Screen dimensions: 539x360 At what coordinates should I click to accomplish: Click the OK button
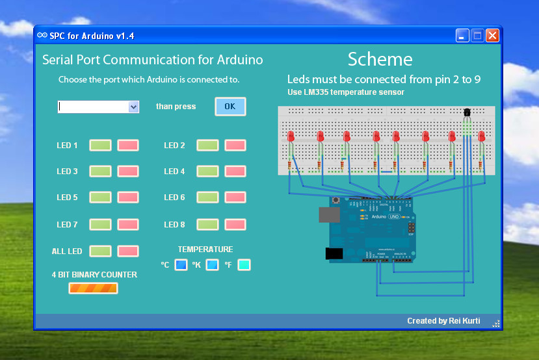pos(230,107)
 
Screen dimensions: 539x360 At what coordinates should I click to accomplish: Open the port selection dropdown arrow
pos(134,107)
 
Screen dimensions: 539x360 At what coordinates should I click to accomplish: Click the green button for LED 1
pos(100,146)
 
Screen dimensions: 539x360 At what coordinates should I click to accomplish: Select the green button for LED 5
pos(100,197)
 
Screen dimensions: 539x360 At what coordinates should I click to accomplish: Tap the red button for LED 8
pos(235,225)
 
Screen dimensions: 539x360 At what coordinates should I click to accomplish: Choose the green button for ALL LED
pos(100,251)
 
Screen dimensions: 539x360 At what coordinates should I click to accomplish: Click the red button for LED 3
pos(128,171)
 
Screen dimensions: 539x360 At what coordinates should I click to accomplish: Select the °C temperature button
pos(181,265)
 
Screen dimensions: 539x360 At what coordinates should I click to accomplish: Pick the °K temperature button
pos(212,265)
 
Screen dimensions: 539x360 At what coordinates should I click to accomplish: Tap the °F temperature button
pos(244,265)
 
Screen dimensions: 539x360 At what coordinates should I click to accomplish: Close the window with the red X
pos(492,35)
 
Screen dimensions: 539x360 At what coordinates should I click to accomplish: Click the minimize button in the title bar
pos(462,35)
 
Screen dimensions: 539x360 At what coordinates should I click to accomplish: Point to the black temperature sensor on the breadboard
pos(467,112)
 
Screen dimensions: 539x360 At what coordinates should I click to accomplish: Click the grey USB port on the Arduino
pos(329,214)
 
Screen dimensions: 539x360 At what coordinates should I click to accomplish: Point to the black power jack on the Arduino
pos(334,253)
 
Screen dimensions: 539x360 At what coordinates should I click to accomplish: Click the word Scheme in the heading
pos(380,59)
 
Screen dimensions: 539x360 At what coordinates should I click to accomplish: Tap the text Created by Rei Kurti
pos(443,321)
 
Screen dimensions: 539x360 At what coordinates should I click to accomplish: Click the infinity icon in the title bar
pos(42,35)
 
